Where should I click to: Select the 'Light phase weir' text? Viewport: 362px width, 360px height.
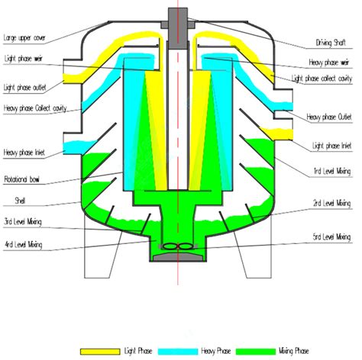[x=22, y=59]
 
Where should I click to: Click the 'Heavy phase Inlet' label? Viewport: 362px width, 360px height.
[x=24, y=153]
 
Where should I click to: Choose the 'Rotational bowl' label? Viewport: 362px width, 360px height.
[x=22, y=181]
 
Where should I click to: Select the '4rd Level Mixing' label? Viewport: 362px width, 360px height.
[x=23, y=245]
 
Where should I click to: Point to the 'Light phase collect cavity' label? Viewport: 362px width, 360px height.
[x=325, y=78]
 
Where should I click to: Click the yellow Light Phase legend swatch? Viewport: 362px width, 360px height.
[x=99, y=351]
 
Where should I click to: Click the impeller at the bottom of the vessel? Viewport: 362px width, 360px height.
[x=181, y=247]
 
